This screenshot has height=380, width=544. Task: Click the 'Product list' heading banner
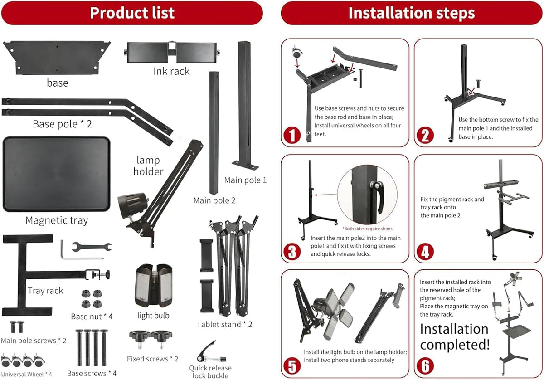point(132,13)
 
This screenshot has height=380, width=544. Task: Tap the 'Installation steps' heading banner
point(412,13)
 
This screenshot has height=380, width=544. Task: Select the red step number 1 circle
point(292,135)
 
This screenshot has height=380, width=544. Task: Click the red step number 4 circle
point(425,252)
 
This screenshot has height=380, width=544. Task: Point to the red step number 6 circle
point(425,365)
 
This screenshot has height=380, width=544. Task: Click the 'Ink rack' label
point(171,71)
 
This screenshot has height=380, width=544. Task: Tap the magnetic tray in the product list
point(56,174)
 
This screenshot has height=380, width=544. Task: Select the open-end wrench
point(92,247)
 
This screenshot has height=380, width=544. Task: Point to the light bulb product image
point(154,286)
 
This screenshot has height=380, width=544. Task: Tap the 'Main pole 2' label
point(214,201)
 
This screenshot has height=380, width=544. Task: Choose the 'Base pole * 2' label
point(63,124)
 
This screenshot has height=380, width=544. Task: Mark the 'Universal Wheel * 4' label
point(26,375)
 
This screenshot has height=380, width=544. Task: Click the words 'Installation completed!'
point(455,337)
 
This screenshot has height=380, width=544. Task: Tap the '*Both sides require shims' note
point(367,229)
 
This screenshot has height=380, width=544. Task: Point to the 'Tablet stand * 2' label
point(224,325)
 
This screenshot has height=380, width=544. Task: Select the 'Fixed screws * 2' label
point(152,359)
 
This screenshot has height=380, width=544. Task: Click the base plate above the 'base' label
point(57,57)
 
